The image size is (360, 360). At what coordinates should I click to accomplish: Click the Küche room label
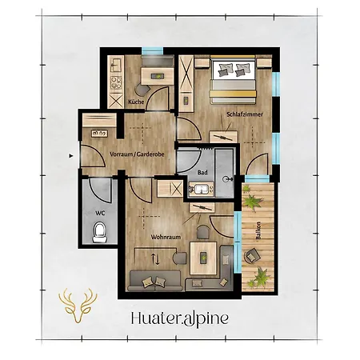pos(136,102)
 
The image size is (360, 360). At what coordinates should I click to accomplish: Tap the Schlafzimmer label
pos(245,114)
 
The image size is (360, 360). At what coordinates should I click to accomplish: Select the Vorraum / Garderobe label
pos(137,154)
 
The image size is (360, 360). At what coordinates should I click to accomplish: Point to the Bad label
pos(202,173)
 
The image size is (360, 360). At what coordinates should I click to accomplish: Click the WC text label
pos(100,213)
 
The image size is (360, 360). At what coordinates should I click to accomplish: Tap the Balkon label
pos(258,231)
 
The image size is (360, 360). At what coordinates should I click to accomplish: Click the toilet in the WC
pos(100,233)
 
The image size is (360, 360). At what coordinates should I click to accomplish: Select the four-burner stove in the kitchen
pos(116,82)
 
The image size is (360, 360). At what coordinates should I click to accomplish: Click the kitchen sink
pos(116,65)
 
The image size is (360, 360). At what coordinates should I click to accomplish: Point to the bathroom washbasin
pos(202,190)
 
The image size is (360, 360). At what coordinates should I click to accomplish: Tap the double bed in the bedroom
pos(233,80)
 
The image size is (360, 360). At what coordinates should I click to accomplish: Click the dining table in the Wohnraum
pos(203,258)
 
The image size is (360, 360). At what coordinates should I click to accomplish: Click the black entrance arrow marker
pos(71,156)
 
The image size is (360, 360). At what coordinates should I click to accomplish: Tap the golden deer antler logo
pos(78,306)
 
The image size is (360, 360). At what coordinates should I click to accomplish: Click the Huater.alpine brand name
pos(180,318)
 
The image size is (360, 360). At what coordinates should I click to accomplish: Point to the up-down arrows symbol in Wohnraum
pos(155,258)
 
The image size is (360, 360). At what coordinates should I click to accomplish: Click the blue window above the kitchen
pos(152,50)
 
